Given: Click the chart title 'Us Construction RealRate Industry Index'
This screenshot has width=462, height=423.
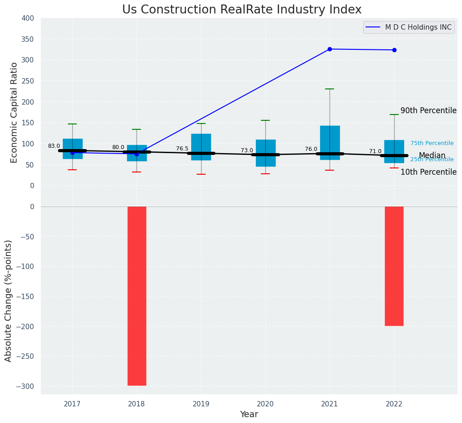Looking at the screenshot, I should point(242,10).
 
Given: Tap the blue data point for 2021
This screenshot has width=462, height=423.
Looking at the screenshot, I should point(330,49).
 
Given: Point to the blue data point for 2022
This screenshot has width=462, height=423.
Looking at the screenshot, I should point(394,50).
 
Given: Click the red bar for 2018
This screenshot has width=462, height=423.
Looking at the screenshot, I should point(137,296).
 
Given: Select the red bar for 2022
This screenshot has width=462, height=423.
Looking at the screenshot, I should point(394,266).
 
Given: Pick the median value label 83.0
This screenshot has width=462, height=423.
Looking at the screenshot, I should point(54,146).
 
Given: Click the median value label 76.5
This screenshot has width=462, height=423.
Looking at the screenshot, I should point(182,149).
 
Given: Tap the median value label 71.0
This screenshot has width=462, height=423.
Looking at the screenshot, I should point(375,151).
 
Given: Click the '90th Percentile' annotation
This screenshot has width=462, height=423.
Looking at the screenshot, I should point(428,111).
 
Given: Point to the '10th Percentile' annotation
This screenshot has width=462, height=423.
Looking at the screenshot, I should point(428,172).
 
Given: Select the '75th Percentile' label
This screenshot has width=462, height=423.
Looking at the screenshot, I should point(432,143).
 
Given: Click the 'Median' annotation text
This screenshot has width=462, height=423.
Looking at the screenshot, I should point(432,156).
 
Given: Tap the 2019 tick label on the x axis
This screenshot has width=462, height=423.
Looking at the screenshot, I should point(201,404).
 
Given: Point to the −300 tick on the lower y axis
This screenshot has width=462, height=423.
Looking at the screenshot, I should point(25,386).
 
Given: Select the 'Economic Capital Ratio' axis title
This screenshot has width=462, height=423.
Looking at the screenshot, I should point(14,112).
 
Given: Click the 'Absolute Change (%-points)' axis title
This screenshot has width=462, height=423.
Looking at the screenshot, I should point(9,300).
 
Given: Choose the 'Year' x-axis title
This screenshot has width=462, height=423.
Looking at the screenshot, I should point(249,414).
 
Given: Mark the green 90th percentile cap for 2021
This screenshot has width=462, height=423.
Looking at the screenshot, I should point(330,89).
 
